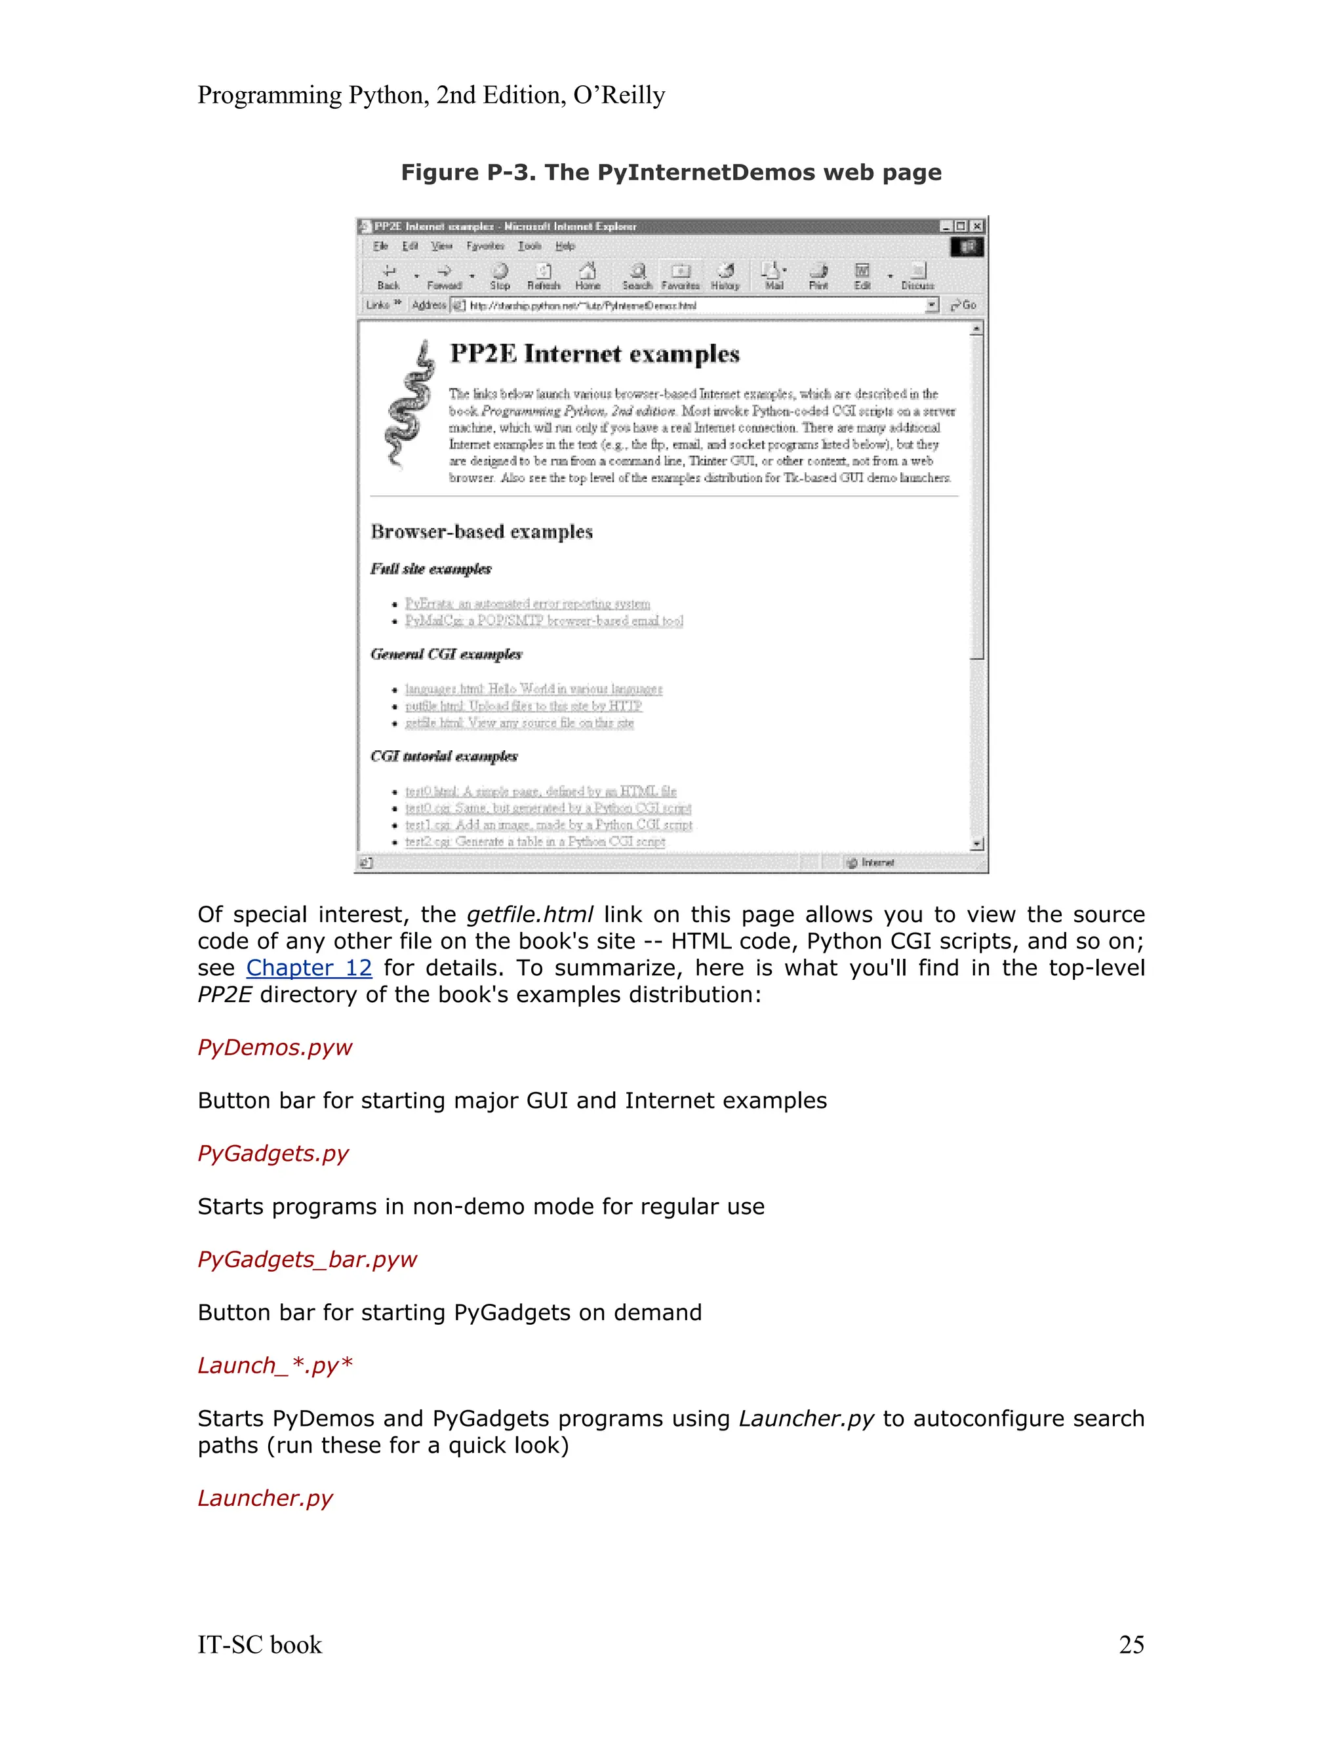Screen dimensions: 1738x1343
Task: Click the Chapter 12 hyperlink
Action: coord(309,967)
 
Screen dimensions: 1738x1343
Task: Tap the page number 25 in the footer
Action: coord(1131,1644)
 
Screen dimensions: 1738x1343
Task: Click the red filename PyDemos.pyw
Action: coord(275,1047)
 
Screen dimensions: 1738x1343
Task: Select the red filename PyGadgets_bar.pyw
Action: coord(307,1259)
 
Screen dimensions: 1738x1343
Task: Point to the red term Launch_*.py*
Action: coord(275,1365)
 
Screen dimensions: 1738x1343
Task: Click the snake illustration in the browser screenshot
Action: coord(409,406)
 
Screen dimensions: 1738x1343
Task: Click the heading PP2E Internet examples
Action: coord(594,354)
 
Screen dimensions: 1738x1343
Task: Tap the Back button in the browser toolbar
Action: coord(388,276)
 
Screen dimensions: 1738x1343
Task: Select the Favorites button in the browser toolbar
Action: coord(680,276)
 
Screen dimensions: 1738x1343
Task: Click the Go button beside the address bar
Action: coord(963,305)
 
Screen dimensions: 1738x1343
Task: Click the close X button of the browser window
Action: coord(977,227)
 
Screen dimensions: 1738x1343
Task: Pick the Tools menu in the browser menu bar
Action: coord(529,246)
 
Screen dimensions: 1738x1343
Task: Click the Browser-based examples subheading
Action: coord(481,532)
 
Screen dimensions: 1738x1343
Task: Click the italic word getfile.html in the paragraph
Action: coord(529,914)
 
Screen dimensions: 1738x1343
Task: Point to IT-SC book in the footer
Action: coord(260,1644)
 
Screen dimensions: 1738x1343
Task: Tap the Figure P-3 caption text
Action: coord(671,172)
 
